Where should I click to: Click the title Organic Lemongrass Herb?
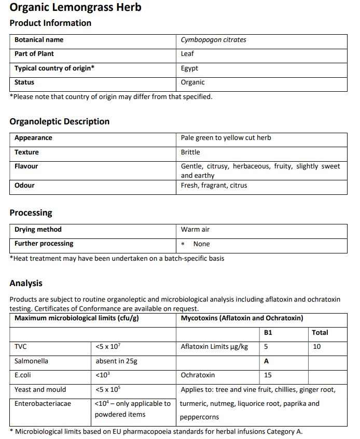click(x=75, y=8)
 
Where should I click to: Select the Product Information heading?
click(x=50, y=23)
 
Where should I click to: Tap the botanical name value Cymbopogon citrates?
click(x=213, y=40)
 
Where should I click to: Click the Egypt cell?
click(x=189, y=68)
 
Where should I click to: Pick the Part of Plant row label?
click(x=34, y=54)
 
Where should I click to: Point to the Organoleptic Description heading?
click(x=60, y=121)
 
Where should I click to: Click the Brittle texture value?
click(x=190, y=152)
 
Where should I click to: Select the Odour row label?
click(x=24, y=186)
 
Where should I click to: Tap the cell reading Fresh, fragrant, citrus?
click(x=214, y=186)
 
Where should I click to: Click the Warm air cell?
click(x=195, y=230)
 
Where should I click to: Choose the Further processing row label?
click(x=44, y=244)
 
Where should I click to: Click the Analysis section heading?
click(x=26, y=283)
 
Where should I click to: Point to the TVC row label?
click(x=21, y=347)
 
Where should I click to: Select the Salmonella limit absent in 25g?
click(x=116, y=361)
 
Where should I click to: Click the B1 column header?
click(x=268, y=333)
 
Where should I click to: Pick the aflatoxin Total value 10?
click(x=317, y=347)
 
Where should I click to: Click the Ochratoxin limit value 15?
click(x=268, y=375)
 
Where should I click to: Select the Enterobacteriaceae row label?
click(x=43, y=403)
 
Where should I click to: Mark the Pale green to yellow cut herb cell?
click(x=226, y=138)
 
